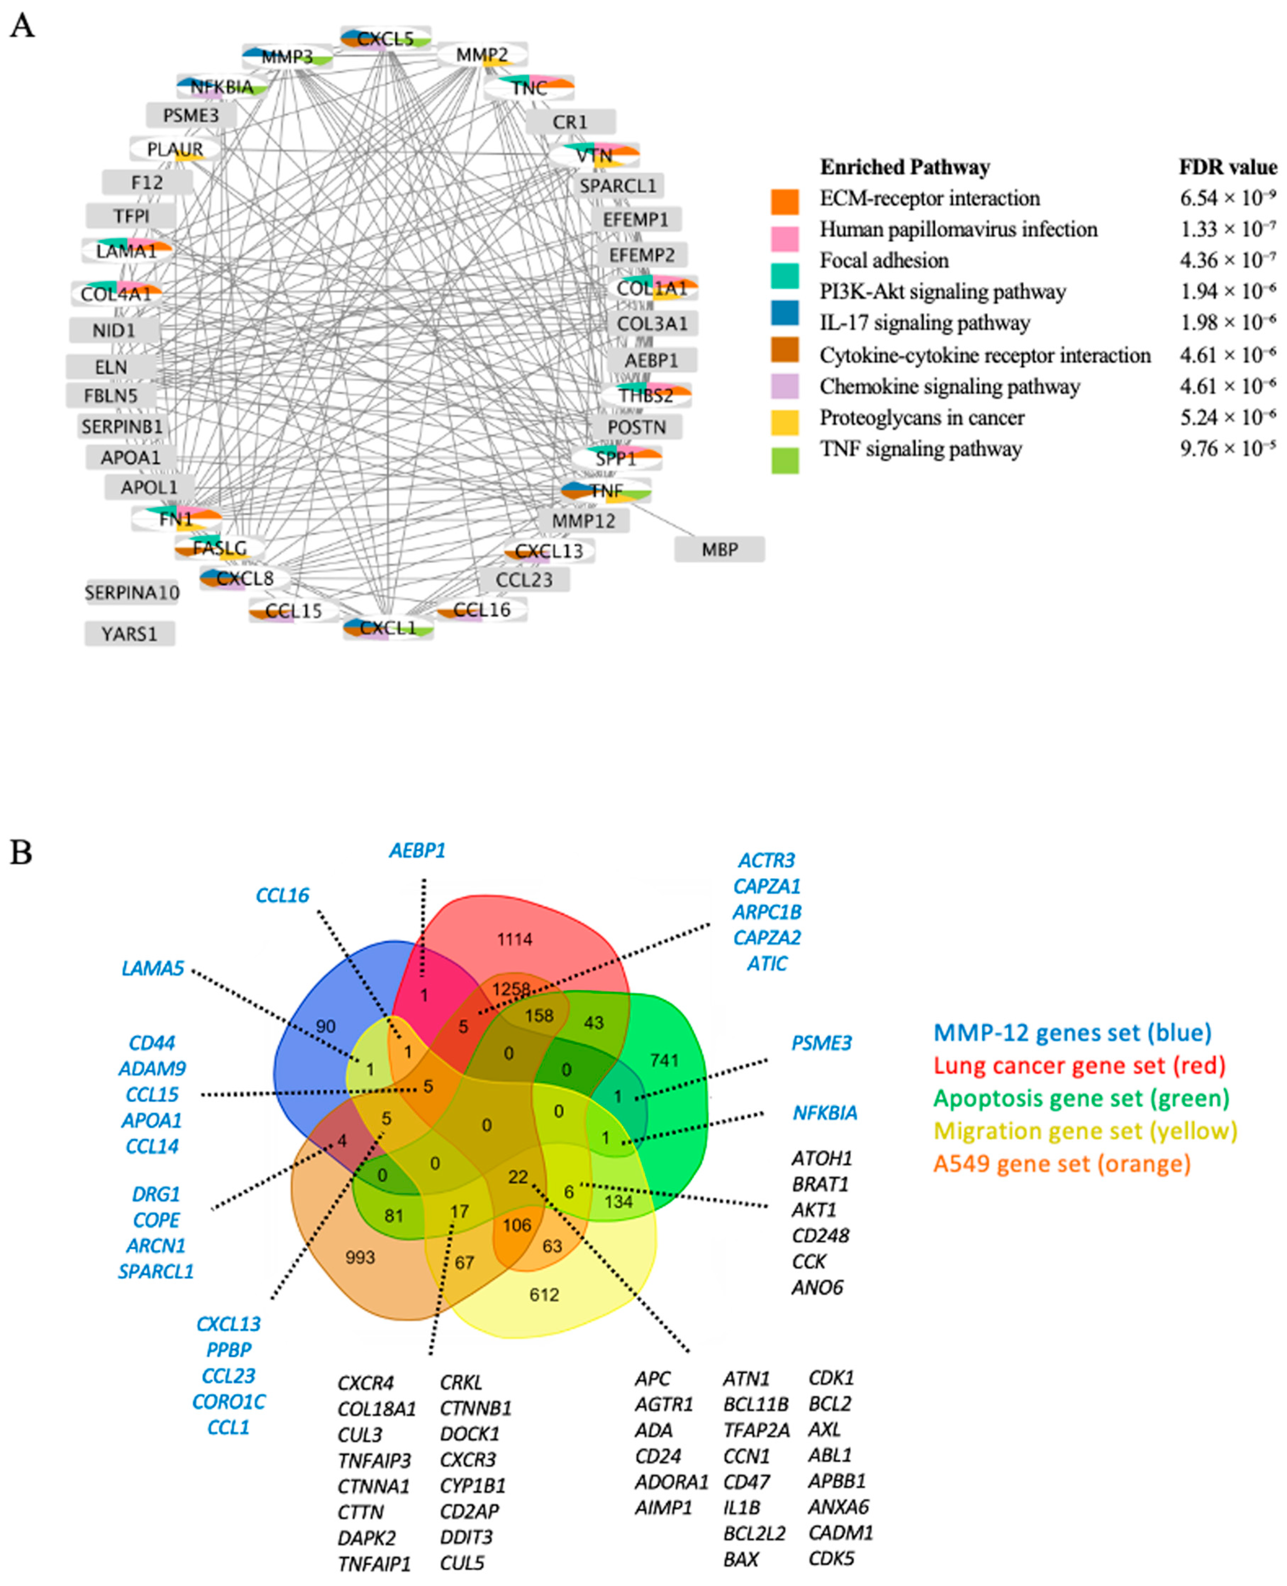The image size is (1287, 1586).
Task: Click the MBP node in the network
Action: (x=719, y=550)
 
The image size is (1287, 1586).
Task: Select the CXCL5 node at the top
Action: (x=386, y=39)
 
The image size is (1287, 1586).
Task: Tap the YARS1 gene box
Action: (x=130, y=634)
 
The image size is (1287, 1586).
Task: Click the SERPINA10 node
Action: (x=132, y=592)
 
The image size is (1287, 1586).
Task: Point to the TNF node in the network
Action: (x=606, y=491)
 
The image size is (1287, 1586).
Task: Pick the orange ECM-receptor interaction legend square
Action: (x=785, y=201)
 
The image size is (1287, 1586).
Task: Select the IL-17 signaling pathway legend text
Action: (x=924, y=323)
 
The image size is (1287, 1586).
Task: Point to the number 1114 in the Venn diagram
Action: (x=515, y=940)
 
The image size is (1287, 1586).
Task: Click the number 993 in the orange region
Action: (x=360, y=1257)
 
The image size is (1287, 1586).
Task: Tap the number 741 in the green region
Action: (x=664, y=1060)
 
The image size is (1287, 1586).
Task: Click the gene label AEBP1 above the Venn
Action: (x=418, y=851)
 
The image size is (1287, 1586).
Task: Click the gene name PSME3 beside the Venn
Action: (x=821, y=1043)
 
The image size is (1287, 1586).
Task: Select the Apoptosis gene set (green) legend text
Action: (x=1081, y=1098)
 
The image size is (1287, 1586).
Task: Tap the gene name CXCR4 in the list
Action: (x=365, y=1383)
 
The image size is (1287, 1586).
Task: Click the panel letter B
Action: (x=21, y=853)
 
